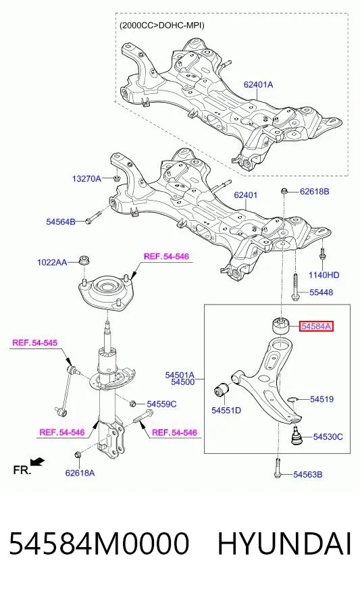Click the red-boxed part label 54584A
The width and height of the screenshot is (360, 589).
(316, 326)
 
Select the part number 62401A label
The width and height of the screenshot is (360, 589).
(258, 85)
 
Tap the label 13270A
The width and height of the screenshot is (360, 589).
(86, 179)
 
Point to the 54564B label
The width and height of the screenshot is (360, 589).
(61, 222)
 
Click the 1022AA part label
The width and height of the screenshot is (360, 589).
(52, 262)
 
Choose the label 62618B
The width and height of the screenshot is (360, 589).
(315, 192)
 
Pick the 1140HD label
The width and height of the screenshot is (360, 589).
(324, 276)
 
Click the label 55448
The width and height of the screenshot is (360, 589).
(322, 292)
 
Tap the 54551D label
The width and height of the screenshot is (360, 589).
(226, 410)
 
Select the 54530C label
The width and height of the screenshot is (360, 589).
(328, 437)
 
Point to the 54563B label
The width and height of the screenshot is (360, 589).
(308, 475)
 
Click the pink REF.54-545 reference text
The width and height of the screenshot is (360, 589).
(35, 342)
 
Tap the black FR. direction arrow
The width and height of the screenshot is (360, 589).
(38, 461)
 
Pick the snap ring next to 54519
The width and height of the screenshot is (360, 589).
(292, 399)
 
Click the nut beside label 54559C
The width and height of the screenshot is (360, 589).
(132, 404)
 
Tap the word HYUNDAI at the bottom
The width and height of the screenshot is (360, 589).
(285, 544)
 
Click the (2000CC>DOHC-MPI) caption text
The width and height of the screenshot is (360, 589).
(162, 26)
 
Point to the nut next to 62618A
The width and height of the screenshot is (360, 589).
(78, 455)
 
